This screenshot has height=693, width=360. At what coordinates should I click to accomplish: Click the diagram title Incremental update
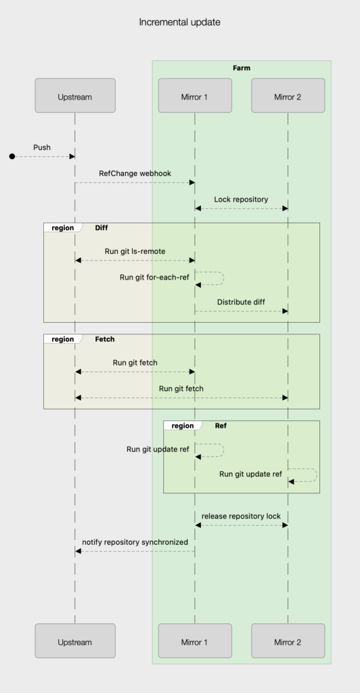[179, 22]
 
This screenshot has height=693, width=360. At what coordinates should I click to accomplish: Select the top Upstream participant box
[75, 96]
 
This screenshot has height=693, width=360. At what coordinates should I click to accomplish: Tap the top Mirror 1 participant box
[195, 96]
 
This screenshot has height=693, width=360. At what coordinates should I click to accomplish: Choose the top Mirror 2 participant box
[288, 96]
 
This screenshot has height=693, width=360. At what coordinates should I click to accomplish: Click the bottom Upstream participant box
[75, 641]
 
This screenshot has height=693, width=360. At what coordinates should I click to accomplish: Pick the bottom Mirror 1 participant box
[195, 641]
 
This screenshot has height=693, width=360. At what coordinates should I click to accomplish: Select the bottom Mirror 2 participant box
[288, 641]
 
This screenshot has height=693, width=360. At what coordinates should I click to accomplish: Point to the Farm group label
[242, 68]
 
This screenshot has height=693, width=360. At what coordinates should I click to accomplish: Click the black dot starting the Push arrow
[12, 156]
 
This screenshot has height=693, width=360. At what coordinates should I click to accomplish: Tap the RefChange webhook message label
[135, 173]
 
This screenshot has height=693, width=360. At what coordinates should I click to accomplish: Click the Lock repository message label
[241, 200]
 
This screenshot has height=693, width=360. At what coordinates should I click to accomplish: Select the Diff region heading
[102, 228]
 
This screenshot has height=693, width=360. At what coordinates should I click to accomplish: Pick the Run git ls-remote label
[135, 251]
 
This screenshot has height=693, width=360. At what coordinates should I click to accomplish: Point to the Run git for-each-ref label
[154, 277]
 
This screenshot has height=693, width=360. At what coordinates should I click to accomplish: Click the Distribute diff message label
[241, 302]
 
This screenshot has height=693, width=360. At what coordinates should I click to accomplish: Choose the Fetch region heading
[105, 339]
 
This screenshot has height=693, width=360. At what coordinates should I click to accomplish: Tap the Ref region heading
[221, 426]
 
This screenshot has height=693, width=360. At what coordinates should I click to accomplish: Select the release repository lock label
[241, 516]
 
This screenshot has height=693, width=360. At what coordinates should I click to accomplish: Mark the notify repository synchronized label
[135, 542]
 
